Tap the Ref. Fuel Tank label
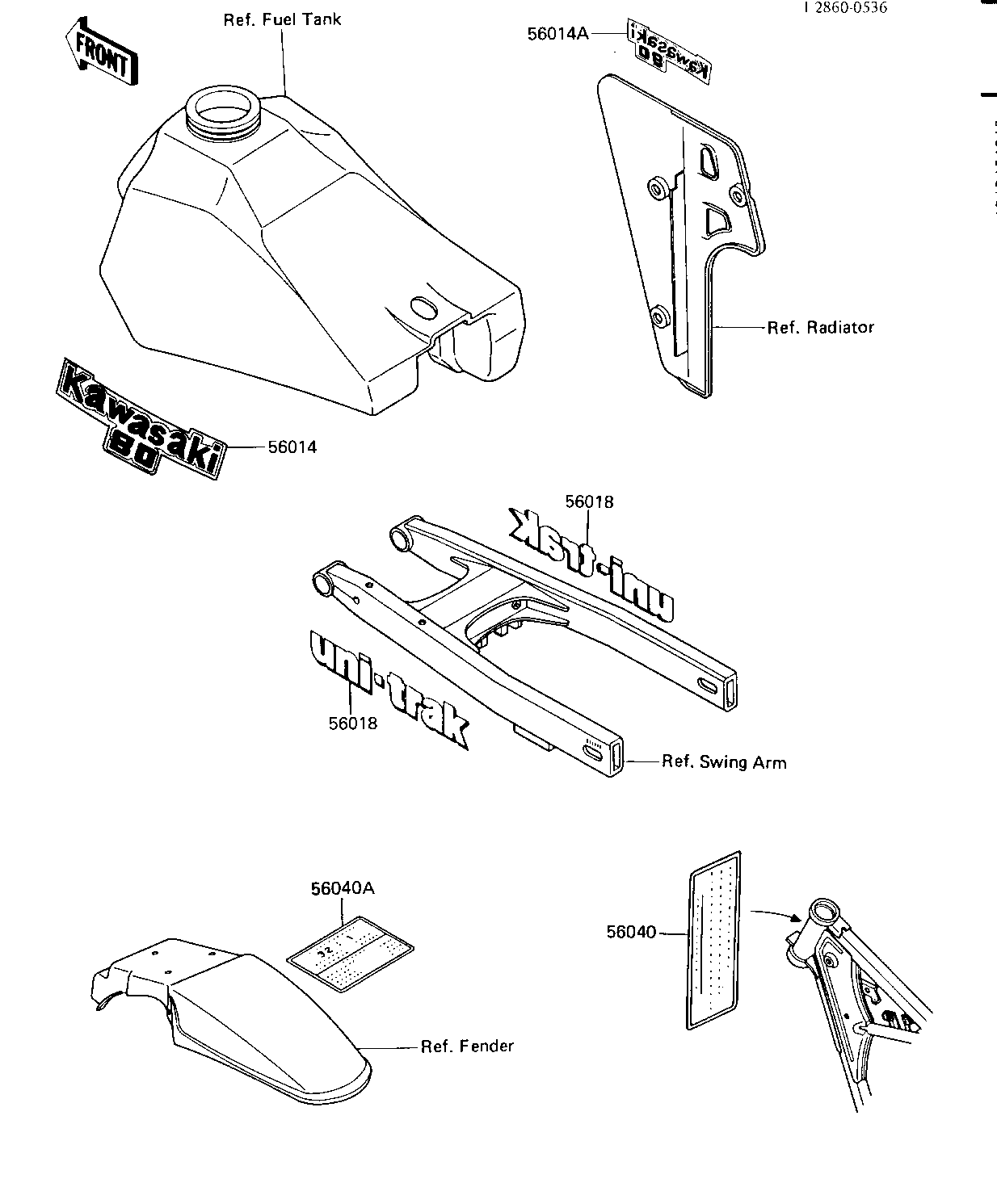tap(282, 19)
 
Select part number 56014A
tap(559, 33)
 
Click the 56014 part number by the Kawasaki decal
tap(292, 447)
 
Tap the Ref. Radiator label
tap(820, 327)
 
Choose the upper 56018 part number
tap(589, 501)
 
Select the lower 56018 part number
tap(353, 723)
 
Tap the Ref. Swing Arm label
tap(723, 761)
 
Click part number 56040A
tap(343, 888)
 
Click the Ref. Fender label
tap(467, 1046)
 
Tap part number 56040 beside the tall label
tap(631, 933)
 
